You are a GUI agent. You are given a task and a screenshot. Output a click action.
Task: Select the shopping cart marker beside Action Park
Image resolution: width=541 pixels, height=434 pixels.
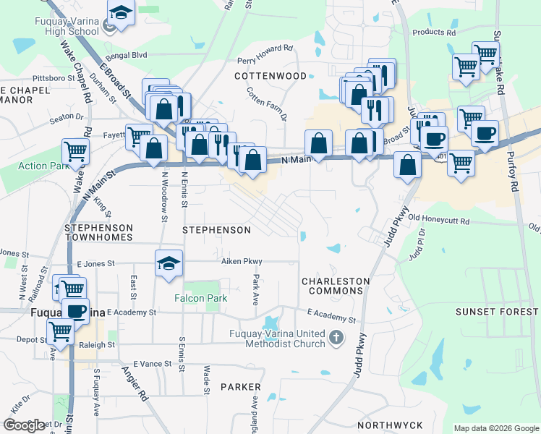[x=75, y=152]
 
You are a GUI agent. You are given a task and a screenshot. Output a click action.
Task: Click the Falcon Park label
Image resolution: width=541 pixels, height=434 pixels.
[x=200, y=298]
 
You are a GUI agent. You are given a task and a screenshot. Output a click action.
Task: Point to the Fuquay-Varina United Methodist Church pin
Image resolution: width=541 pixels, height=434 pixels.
[x=336, y=338]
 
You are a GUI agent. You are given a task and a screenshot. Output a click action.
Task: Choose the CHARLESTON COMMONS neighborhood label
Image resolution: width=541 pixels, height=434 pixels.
[x=335, y=286]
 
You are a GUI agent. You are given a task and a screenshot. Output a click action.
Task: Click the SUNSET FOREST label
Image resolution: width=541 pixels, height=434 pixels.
[x=496, y=312]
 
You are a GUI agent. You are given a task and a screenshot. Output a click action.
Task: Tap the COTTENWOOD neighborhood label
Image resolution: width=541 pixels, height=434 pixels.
[x=270, y=75]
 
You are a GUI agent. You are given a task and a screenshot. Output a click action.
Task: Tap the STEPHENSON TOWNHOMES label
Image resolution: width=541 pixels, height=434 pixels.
[x=98, y=232]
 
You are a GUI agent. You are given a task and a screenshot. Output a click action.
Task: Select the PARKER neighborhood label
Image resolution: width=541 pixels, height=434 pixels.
[x=239, y=388]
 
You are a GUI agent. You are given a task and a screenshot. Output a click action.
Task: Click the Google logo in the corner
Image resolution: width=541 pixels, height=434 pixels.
[x=24, y=425]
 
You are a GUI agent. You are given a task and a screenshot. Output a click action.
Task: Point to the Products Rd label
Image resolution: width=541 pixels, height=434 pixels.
[x=433, y=33]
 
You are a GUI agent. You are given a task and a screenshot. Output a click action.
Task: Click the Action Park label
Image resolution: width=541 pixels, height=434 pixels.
[x=42, y=166]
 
